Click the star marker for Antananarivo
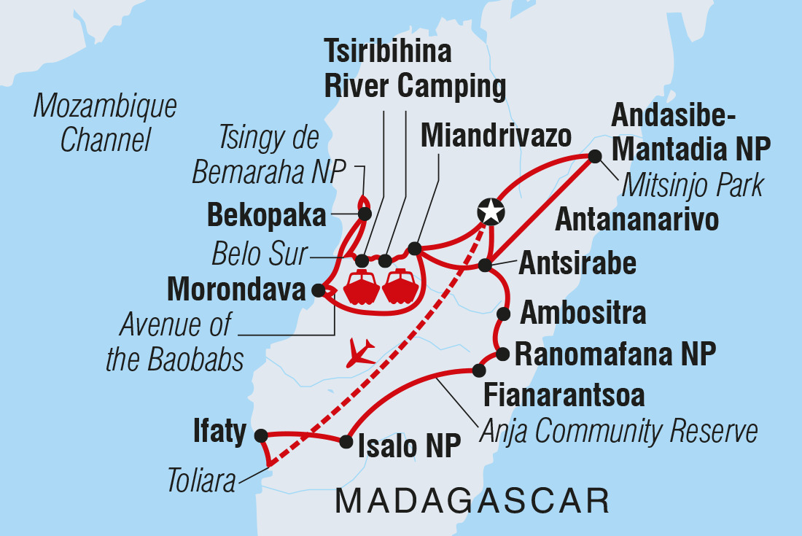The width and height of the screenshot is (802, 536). tap(491, 211)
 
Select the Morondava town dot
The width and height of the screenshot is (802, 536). tap(318, 290)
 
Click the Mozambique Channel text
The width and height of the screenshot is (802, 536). tap(105, 123)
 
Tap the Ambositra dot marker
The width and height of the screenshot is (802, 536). tap(503, 314)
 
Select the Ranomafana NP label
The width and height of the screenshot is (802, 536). tap(615, 355)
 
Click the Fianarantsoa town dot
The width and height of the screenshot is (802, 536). tap(478, 370)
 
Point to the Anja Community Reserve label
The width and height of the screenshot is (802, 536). tap(618, 432)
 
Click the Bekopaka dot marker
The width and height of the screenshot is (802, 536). tap(365, 214)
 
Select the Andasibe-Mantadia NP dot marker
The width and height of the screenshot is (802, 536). tap(595, 155)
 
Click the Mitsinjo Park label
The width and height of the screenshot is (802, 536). tap(692, 185)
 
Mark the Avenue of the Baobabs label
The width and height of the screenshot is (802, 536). tap(175, 343)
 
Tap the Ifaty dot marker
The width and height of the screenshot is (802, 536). tap(261, 435)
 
